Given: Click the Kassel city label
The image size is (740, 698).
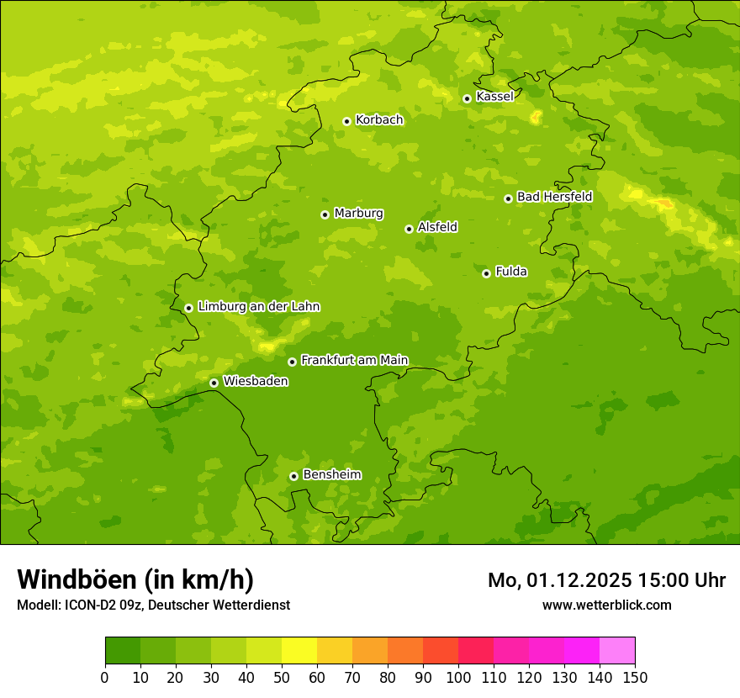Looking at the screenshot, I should click(494, 97).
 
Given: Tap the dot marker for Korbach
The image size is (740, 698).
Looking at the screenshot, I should click(346, 121).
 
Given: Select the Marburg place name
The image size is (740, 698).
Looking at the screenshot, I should click(358, 214).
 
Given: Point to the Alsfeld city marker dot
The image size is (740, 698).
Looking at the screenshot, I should click(409, 229).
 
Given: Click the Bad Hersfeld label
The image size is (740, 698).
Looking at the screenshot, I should click(554, 197).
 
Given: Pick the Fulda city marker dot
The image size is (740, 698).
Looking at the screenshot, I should click(486, 273).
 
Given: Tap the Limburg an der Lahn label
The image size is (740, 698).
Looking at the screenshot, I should click(258, 307).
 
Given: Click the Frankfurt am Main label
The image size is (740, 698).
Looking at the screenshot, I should click(354, 360).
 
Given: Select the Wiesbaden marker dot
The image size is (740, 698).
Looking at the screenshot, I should click(214, 383).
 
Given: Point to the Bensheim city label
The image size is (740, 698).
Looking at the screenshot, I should click(331, 474).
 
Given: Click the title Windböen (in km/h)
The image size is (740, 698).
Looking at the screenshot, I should click(135, 579).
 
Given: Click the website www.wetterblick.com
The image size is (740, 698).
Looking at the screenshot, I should click(606, 605).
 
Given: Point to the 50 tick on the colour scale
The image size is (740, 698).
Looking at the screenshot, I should click(282, 677).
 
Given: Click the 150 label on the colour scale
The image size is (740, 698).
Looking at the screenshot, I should click(635, 677).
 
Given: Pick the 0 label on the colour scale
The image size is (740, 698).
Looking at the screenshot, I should click(105, 677).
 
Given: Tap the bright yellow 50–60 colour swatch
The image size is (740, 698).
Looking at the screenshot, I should click(299, 651).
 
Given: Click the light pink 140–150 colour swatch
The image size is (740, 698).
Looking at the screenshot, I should click(617, 651).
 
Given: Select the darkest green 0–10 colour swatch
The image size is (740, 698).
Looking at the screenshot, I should click(123, 651).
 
